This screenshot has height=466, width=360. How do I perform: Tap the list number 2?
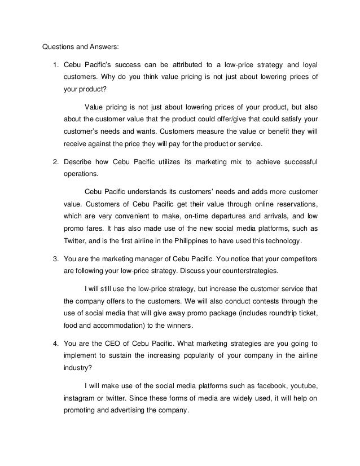pos(55,162)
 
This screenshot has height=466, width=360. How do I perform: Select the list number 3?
pos(55,258)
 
